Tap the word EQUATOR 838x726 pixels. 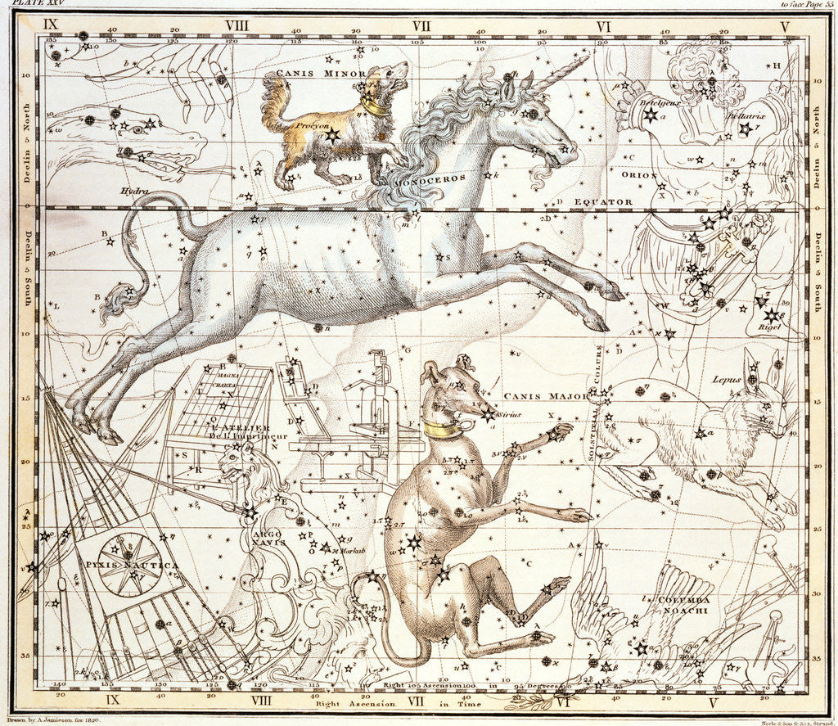click(602, 201)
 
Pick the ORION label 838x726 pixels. click(640, 174)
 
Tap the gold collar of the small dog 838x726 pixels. click(377, 106)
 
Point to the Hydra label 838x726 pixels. click(135, 190)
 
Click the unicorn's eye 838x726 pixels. click(533, 115)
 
